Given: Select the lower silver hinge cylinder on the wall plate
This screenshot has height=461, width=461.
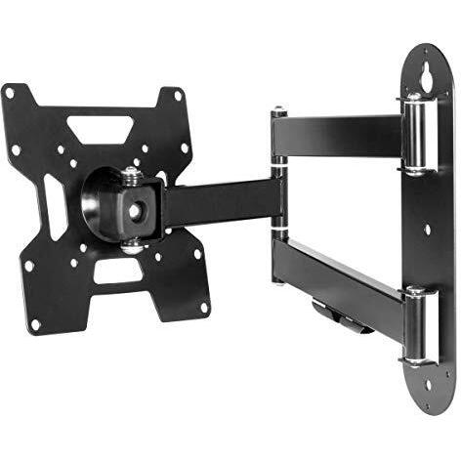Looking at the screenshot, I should [x=415, y=327].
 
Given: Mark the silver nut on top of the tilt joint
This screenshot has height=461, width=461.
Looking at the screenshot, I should [x=131, y=174].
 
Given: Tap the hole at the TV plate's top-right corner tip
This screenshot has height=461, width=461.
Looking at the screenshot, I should [x=178, y=96].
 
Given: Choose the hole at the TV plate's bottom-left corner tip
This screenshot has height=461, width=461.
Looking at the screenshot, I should [x=35, y=323].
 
